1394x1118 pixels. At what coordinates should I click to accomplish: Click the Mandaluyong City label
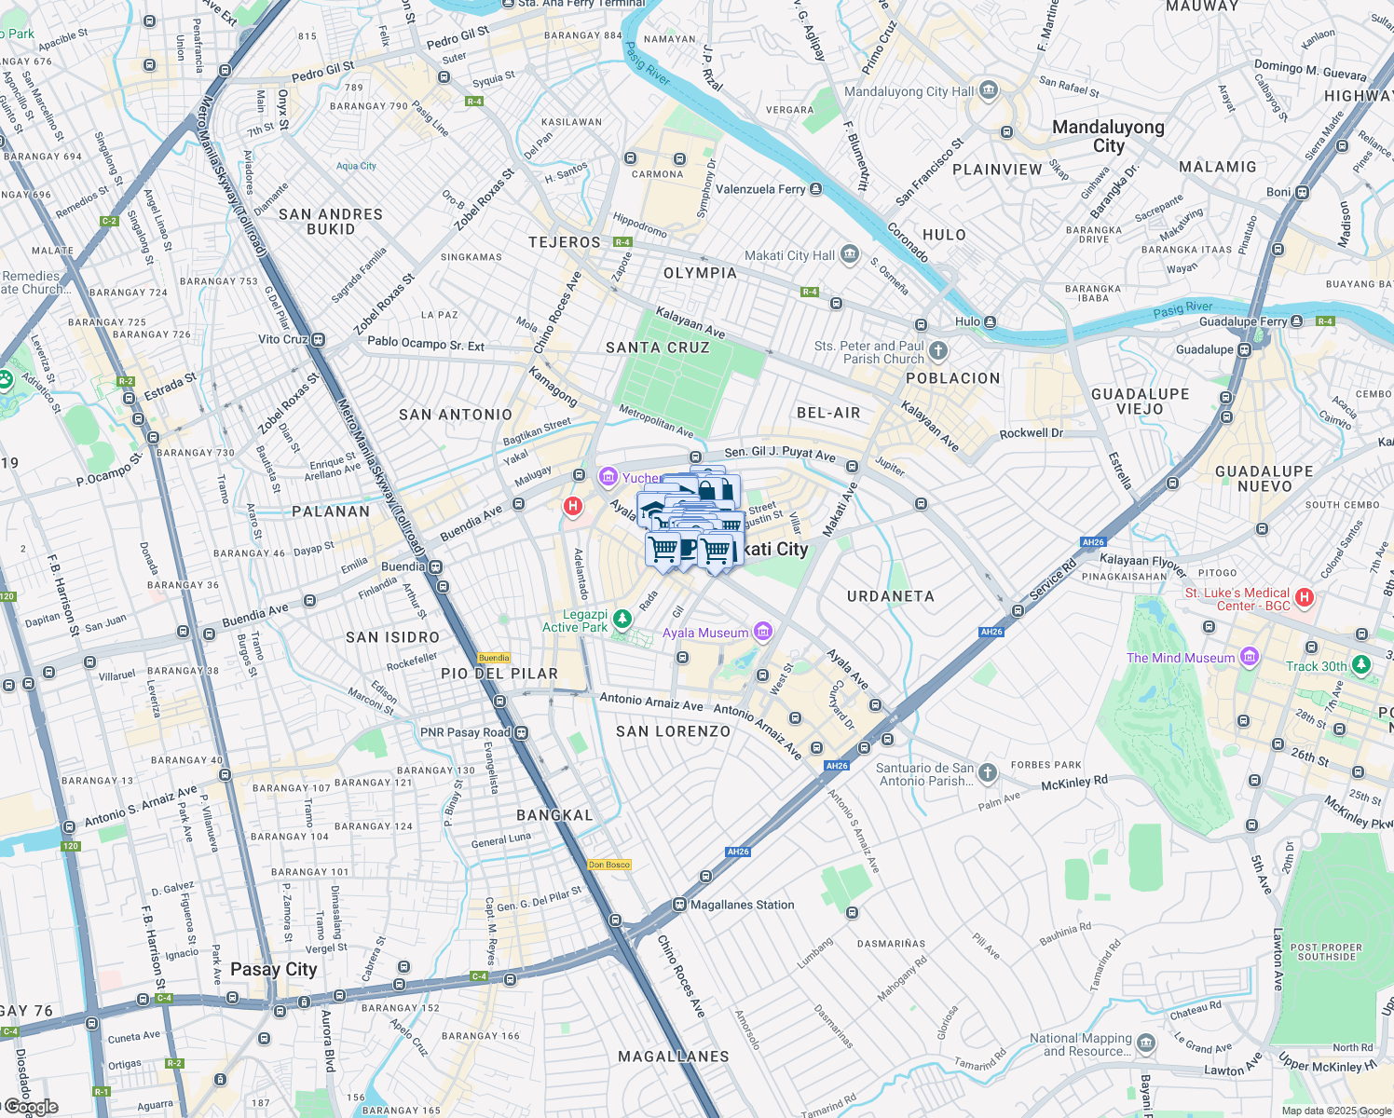1108,136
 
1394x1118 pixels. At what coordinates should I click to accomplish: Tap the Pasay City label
273,969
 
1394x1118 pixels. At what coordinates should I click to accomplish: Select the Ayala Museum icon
763,633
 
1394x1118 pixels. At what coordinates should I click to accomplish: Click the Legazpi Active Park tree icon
622,620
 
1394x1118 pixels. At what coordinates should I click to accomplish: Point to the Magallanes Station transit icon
680,905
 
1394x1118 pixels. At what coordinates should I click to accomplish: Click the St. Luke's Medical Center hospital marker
1305,597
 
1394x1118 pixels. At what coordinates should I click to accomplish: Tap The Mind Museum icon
1250,657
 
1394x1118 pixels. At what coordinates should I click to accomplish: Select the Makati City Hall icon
849,254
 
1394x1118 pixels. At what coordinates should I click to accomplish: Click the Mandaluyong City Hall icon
989,90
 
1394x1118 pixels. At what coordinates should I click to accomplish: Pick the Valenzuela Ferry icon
816,189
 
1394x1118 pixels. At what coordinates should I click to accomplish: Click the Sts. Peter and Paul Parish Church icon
938,351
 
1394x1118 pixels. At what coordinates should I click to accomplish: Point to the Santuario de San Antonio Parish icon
988,773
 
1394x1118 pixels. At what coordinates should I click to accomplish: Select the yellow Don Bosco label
609,865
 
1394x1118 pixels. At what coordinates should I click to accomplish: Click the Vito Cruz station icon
319,340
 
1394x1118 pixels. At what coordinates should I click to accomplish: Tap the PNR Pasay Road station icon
522,733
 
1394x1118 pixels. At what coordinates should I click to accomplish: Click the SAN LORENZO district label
673,731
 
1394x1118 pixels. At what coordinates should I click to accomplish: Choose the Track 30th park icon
1361,664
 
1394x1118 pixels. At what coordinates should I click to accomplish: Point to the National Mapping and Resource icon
1146,1043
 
